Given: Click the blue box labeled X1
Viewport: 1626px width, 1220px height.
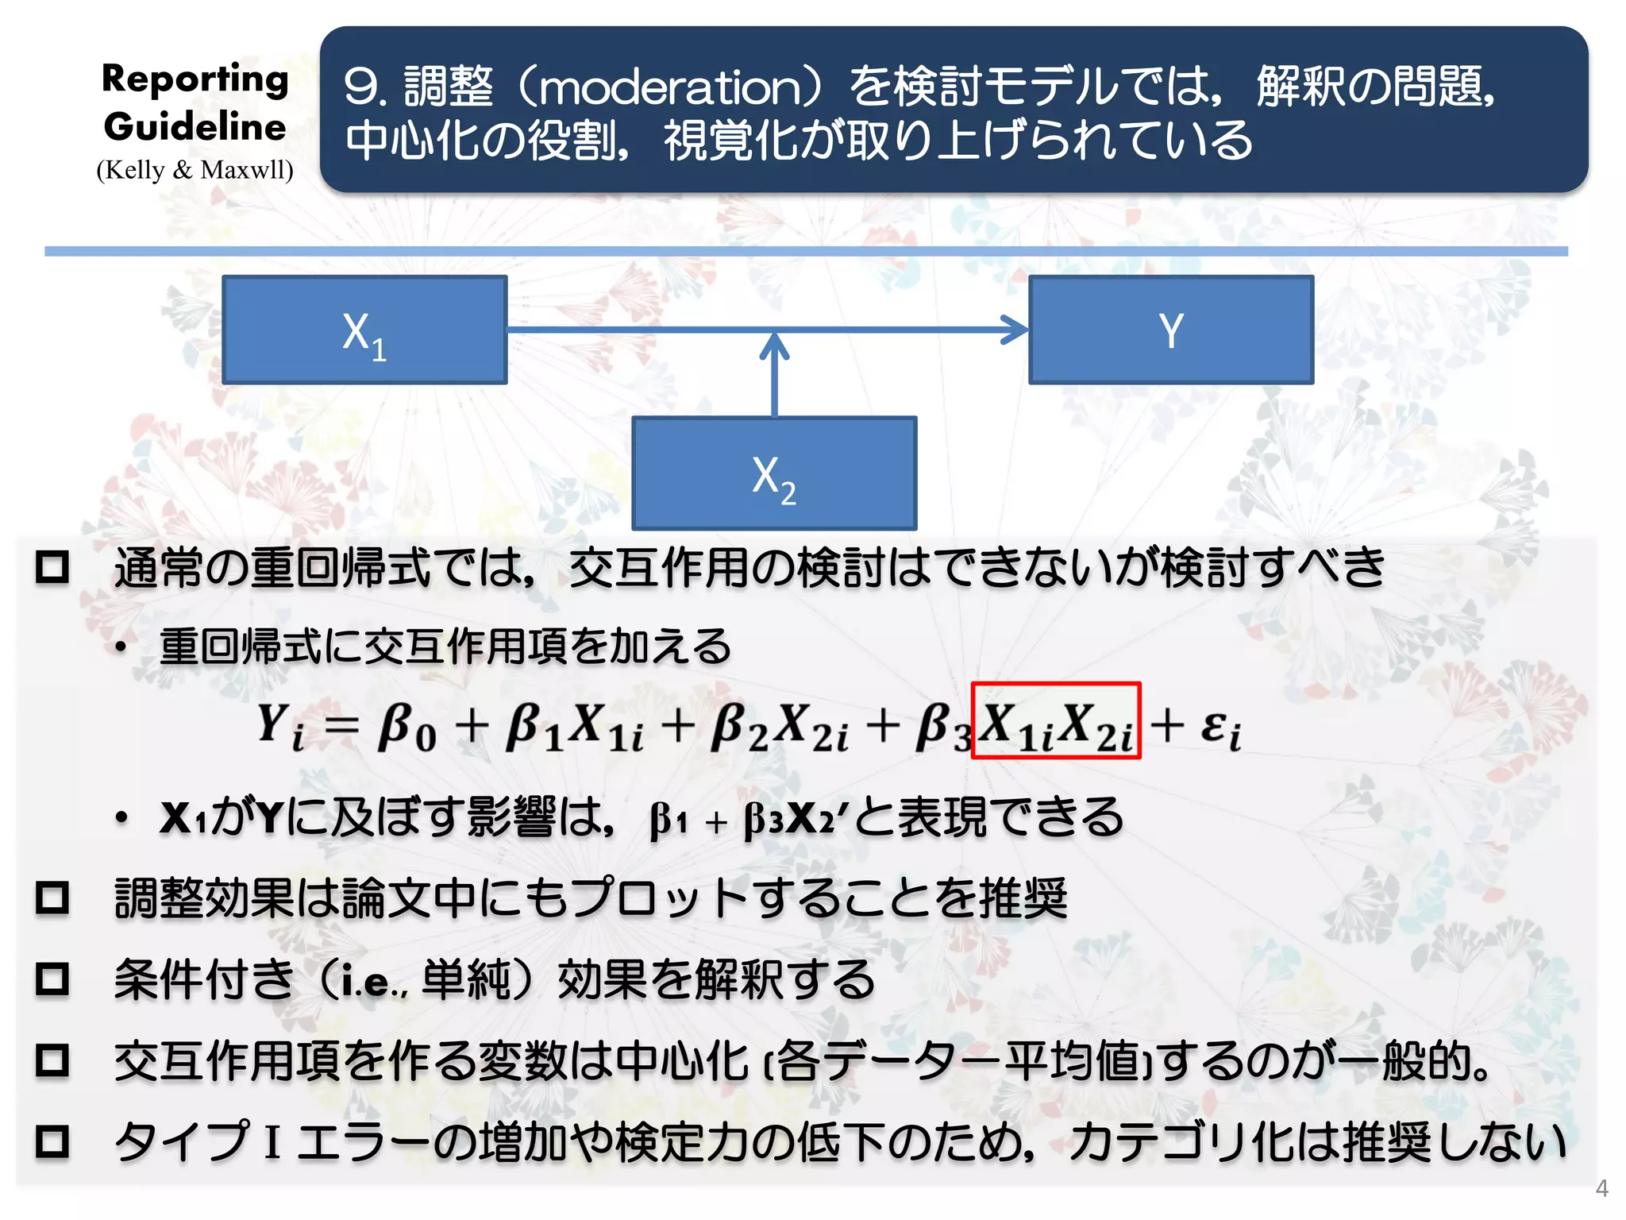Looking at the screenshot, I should [x=364, y=330].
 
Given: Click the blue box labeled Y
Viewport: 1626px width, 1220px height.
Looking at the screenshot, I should [x=1171, y=330].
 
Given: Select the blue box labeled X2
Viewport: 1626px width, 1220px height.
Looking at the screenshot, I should [x=774, y=473].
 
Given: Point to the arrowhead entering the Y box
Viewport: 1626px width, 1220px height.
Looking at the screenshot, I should [x=1015, y=330].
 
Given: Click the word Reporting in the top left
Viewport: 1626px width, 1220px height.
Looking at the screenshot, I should [x=195, y=79].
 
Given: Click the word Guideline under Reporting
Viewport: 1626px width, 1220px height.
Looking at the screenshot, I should [x=195, y=127].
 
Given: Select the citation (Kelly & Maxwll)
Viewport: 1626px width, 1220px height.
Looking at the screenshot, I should [x=195, y=170].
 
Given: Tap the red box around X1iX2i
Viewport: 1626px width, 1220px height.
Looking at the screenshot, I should [x=1056, y=721].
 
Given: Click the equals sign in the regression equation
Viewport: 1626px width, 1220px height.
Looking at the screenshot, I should [x=341, y=725].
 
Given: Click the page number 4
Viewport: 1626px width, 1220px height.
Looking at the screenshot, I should [x=1602, y=1188].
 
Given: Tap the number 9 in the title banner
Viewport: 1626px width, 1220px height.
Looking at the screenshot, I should [x=361, y=87].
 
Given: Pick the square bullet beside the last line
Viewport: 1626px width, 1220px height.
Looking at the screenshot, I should [x=53, y=1141].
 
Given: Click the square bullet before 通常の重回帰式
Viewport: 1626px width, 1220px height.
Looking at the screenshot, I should [x=53, y=567].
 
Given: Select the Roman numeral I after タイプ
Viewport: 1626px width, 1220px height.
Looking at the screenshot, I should [x=272, y=1143].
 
